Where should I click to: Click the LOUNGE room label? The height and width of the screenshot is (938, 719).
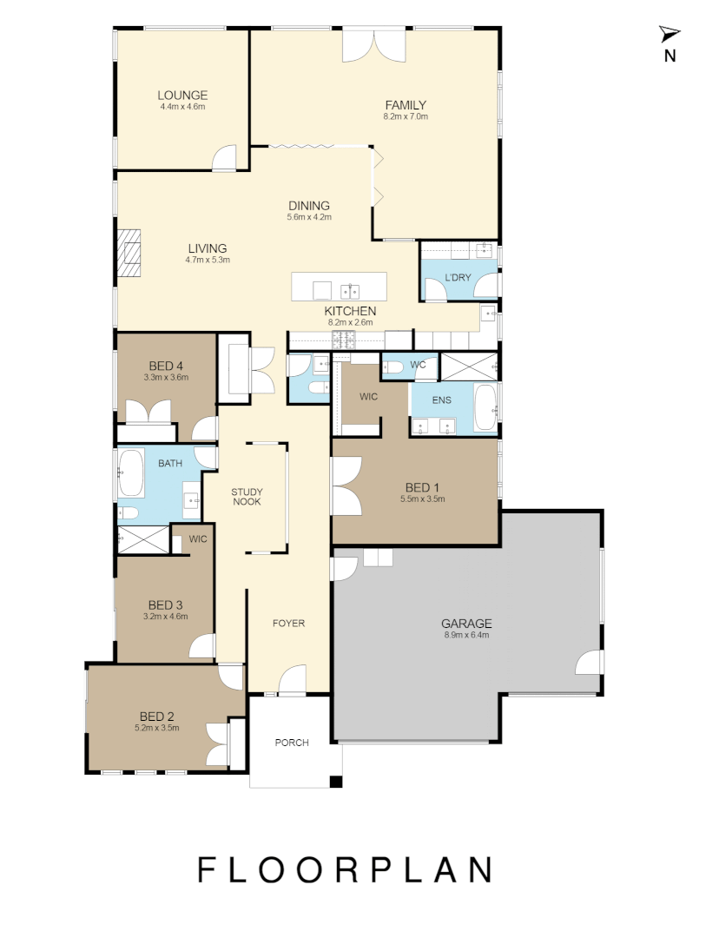(182, 96)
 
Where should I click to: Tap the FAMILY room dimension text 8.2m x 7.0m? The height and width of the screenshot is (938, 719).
(406, 116)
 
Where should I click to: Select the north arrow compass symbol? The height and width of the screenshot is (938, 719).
(670, 35)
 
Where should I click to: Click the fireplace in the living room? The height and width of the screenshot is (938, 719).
(130, 253)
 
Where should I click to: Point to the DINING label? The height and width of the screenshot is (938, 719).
(309, 206)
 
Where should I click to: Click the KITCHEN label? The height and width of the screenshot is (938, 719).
(350, 311)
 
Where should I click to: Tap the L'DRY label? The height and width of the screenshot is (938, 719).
(457, 278)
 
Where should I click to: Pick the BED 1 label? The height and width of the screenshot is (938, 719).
(422, 487)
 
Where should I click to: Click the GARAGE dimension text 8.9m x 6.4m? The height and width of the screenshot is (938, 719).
(466, 635)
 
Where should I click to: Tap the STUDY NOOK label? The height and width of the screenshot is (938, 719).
(247, 497)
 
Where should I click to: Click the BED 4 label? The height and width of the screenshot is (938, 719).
(166, 366)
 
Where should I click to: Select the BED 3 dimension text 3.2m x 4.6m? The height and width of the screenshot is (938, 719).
(165, 616)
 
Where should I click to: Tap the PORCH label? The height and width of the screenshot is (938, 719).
(291, 742)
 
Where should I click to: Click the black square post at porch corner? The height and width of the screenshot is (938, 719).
(335, 783)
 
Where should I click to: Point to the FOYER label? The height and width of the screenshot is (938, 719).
(288, 623)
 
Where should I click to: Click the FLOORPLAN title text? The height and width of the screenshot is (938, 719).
(346, 869)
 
